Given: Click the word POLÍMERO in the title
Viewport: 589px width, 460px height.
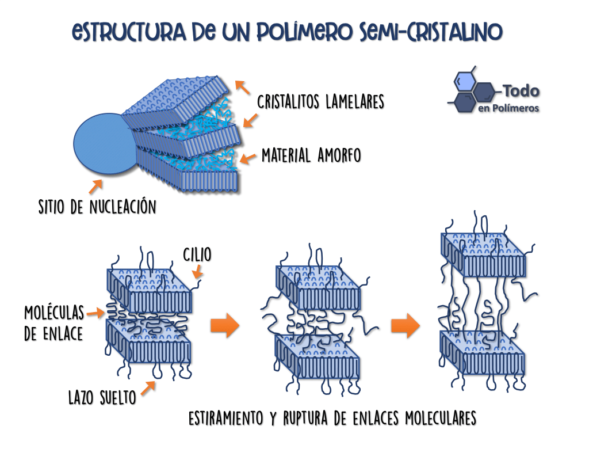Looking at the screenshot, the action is coord(305,32).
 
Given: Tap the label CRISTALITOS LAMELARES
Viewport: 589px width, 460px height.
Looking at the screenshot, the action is coord(321,102).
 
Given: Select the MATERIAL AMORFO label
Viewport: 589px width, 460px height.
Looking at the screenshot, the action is coord(311,155).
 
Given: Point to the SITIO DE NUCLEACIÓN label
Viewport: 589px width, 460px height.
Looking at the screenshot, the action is coord(97,207).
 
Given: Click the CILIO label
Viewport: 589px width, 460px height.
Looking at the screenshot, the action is coord(197,254).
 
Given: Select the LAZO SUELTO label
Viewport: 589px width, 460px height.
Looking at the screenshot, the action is coord(102,398).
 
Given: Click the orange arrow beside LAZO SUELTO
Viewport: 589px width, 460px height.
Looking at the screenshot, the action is coord(148,388).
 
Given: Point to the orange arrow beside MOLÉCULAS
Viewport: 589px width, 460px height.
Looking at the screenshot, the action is coord(95,313).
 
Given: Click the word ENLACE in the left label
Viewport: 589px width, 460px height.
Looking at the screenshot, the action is coord(63,334).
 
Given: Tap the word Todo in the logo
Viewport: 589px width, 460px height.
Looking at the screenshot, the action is coord(521,91).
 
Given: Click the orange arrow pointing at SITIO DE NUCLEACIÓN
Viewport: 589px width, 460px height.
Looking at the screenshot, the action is coord(95,187).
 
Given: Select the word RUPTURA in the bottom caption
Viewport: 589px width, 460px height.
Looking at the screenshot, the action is coord(305,418).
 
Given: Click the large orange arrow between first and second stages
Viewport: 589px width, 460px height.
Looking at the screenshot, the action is coord(225,325).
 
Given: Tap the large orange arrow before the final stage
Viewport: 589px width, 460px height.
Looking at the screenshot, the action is coord(406,325).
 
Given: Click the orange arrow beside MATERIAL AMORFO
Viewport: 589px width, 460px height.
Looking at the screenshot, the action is coord(247,159).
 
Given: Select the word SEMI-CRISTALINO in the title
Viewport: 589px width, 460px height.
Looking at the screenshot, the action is coord(431,32).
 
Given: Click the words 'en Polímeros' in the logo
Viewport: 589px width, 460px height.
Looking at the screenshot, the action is coord(508,108).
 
